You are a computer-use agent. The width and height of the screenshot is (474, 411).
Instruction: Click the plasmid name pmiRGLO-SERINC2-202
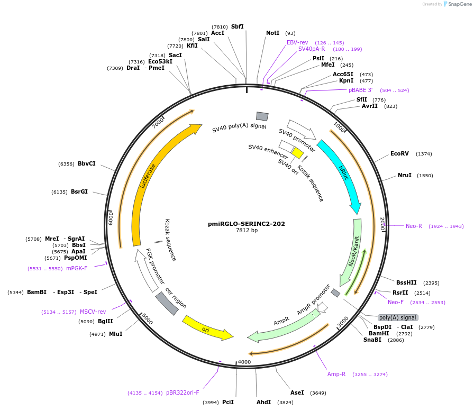[x=246, y=224]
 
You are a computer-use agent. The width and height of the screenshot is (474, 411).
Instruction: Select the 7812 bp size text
[x=247, y=231]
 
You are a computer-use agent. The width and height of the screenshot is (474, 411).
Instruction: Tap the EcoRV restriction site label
[x=399, y=154]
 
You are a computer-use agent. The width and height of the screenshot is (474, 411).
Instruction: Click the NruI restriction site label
[x=404, y=175]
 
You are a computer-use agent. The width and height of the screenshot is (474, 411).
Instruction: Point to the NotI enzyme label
[x=272, y=33]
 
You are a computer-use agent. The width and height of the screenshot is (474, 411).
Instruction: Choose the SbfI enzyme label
[x=237, y=26]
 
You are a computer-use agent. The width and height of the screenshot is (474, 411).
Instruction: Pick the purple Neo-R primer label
[x=414, y=226]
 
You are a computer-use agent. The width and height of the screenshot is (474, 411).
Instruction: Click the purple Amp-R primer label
[x=336, y=374]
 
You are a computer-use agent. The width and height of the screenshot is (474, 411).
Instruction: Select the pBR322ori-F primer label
[x=183, y=392]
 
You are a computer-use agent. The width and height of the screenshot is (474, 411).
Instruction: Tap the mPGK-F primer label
[x=77, y=268]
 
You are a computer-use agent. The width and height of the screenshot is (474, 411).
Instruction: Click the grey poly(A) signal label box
[x=398, y=317]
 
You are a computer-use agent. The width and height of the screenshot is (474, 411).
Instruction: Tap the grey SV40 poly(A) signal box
[x=262, y=116]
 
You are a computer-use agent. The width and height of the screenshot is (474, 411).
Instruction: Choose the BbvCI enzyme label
[x=86, y=163]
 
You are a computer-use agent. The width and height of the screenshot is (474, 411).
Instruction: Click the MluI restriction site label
[x=115, y=334]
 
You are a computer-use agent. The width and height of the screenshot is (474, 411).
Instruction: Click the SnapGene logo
[x=456, y=4]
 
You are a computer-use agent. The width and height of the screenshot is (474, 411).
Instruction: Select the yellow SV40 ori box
[x=297, y=153]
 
